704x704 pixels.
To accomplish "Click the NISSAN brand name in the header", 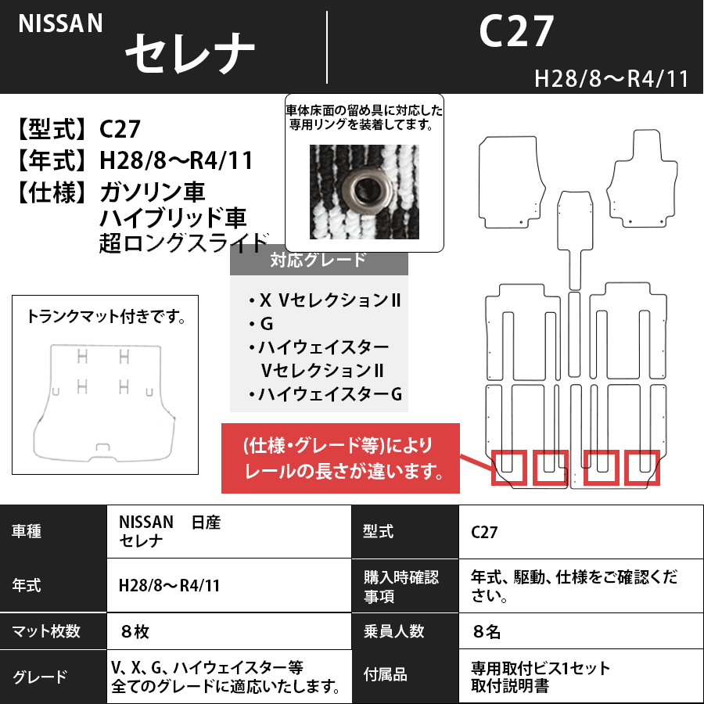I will (61, 24).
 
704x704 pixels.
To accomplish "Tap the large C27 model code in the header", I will (515, 33).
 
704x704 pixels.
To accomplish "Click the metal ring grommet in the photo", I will (363, 189).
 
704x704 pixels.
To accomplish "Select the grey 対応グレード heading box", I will (318, 260).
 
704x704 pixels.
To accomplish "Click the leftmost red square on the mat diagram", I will (508, 468).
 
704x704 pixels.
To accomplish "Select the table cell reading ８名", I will (486, 630).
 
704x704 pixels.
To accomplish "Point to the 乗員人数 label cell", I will (394, 630).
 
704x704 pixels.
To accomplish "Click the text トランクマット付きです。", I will (106, 318).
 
